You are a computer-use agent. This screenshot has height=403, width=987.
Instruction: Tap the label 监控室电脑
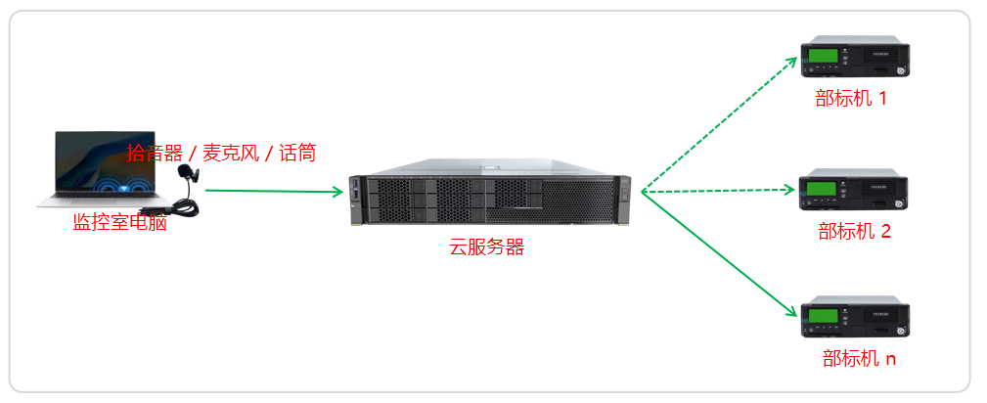pyautogui.click(x=119, y=223)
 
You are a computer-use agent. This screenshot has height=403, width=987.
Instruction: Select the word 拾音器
pyautogui.click(x=156, y=154)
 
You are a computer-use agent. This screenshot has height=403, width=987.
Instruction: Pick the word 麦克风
pyautogui.click(x=232, y=154)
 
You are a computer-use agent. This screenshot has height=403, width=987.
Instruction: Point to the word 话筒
pyautogui.click(x=296, y=154)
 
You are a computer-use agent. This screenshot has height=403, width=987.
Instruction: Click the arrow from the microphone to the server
pyautogui.click(x=274, y=191)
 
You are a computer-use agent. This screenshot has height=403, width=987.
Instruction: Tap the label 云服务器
pyautogui.click(x=486, y=247)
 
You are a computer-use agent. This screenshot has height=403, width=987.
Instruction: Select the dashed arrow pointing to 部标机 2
pyautogui.click(x=720, y=190)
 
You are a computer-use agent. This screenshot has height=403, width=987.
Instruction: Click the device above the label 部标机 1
pyautogui.click(x=854, y=62)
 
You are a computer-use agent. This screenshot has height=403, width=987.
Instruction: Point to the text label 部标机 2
pyautogui.click(x=854, y=232)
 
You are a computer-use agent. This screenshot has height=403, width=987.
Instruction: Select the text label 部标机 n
pyautogui.click(x=858, y=359)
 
